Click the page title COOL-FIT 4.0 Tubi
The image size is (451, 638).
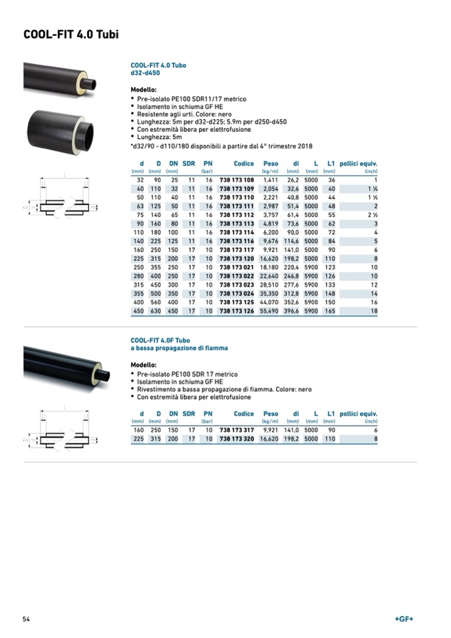pos(71,35)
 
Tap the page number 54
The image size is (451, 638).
pos(27,619)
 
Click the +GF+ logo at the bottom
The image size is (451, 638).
pos(404,619)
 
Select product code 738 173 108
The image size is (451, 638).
pos(237,180)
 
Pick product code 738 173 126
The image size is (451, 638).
pos(237,311)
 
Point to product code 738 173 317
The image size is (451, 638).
pos(237,430)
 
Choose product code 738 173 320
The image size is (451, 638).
pos(237,439)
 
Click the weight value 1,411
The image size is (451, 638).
pos(270,180)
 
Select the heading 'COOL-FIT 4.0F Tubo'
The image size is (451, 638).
pos(160,341)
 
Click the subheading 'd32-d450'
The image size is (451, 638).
pos(145,73)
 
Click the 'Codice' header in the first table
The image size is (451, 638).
pos(243,164)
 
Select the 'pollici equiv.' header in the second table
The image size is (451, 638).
pos(359,414)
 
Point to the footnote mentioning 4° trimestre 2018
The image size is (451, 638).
pos(222,146)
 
